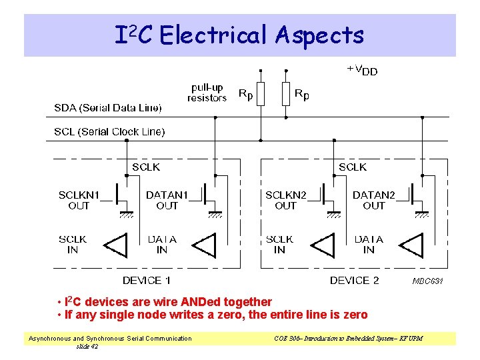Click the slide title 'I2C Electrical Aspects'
point(239,35)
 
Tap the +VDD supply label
point(362,69)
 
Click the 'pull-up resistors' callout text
point(207,93)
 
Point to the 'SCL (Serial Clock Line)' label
point(109,131)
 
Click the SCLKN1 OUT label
point(79,200)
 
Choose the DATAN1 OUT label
point(167,200)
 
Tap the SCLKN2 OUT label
point(285,200)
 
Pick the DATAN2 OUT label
point(373,200)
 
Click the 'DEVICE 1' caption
point(146,280)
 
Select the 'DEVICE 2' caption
point(354,280)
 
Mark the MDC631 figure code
point(427,281)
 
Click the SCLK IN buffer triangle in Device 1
point(116,245)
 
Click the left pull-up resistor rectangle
point(261,94)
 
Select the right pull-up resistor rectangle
point(285,94)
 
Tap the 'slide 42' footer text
point(87,346)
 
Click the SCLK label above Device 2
point(353,167)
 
